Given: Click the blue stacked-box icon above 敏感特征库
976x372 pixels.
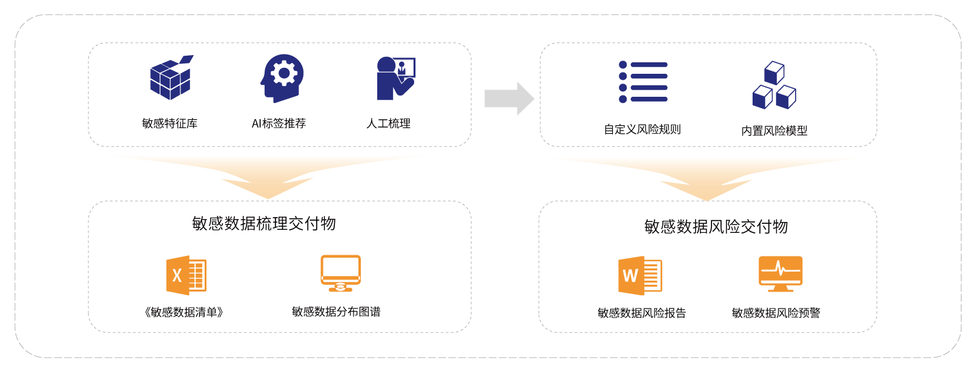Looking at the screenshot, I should click(x=171, y=78).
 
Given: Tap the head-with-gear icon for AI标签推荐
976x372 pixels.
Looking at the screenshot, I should click(x=282, y=78).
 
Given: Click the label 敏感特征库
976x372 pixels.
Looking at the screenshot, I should click(x=170, y=123).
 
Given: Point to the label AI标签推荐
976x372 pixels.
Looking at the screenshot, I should click(x=279, y=123).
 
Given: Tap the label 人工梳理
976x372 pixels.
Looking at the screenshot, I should click(x=389, y=123).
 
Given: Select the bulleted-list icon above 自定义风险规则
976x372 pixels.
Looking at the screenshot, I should click(x=643, y=82).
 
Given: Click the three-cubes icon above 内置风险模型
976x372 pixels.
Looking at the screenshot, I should click(x=774, y=85).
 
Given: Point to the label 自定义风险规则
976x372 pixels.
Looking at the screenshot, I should click(x=642, y=129).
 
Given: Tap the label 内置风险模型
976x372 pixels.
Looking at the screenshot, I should click(x=774, y=130).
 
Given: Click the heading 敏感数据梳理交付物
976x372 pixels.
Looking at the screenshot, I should click(x=264, y=224).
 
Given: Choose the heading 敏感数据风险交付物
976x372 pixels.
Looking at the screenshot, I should click(x=716, y=227).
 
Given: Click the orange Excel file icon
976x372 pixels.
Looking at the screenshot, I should click(x=186, y=275).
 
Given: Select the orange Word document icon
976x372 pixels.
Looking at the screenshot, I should click(x=639, y=276).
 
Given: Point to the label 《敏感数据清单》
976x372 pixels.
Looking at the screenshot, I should click(x=184, y=312).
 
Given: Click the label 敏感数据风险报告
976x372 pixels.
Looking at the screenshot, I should click(x=642, y=313).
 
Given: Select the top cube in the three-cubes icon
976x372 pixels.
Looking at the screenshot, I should click(x=774, y=72).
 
